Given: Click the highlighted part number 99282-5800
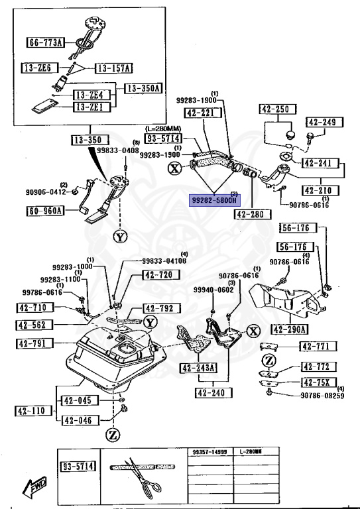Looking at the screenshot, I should pos(215,199).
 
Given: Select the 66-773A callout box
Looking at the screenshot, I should pos(45,43).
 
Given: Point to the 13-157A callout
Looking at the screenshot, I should pos(114,68).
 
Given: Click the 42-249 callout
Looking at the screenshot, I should pos(322,122).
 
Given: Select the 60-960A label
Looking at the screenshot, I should pos(45,211).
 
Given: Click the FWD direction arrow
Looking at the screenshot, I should pos(33,488).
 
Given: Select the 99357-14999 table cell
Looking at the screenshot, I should pos(208,451).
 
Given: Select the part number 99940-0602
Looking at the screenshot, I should pos(213,289).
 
